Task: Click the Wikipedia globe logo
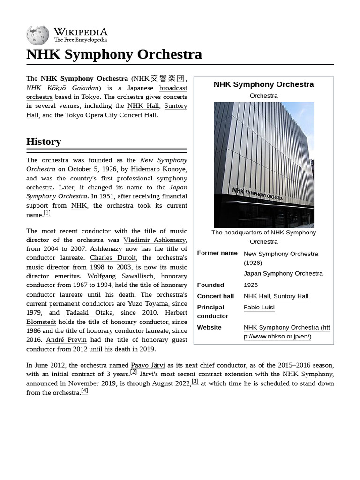point(37,35)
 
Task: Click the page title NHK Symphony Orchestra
point(114,54)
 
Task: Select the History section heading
point(44,142)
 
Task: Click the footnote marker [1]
point(47,213)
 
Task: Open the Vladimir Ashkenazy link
point(154,240)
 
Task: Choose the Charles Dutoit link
point(113,258)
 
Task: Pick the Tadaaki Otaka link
point(89,313)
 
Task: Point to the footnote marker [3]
point(195,381)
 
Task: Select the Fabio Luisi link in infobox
point(259,307)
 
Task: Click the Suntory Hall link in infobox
point(291,296)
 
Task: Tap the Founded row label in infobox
point(210,285)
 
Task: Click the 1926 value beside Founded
point(251,285)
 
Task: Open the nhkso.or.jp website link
point(286,332)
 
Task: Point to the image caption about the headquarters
point(263,237)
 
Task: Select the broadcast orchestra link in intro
point(173,88)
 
